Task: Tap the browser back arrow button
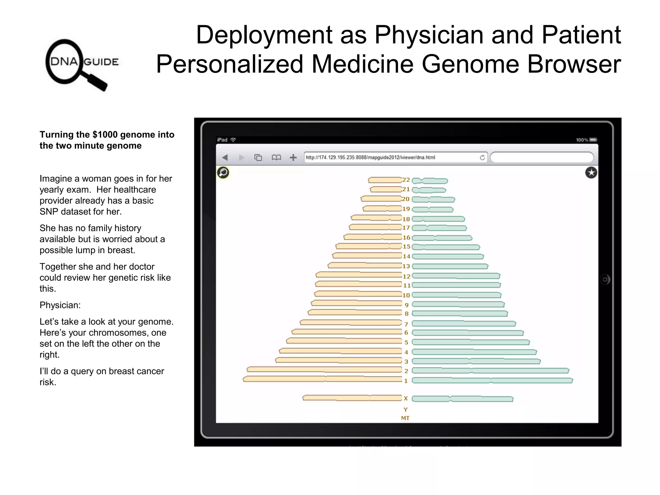pyautogui.click(x=225, y=157)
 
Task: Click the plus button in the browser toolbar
pyautogui.click(x=293, y=157)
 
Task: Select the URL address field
pyautogui.click(x=390, y=157)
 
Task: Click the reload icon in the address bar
pyautogui.click(x=482, y=157)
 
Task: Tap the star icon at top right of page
pyautogui.click(x=591, y=173)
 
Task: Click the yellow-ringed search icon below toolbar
pyautogui.click(x=223, y=173)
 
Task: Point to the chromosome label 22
pyautogui.click(x=406, y=180)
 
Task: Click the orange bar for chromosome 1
pyautogui.click(x=322, y=379)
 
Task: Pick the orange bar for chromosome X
pyautogui.click(x=352, y=398)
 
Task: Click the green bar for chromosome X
pyautogui.click(x=462, y=399)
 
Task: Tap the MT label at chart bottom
pyautogui.click(x=405, y=418)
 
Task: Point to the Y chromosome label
pyautogui.click(x=405, y=410)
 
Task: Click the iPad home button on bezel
pyautogui.click(x=605, y=279)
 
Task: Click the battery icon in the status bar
pyautogui.click(x=593, y=140)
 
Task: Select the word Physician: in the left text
pyautogui.click(x=60, y=305)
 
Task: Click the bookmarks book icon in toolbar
pyautogui.click(x=276, y=157)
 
